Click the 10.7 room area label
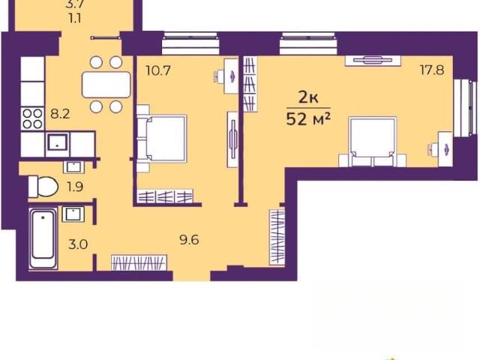158,71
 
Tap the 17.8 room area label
432,70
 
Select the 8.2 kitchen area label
60,114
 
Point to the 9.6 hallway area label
189,240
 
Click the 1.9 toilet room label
75,187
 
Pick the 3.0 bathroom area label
78,244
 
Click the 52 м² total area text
308,119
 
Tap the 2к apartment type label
308,98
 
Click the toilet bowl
43,186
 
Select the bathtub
43,238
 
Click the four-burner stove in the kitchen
33,118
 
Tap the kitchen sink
58,144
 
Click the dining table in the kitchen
106,85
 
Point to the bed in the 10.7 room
161,138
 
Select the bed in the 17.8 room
373,142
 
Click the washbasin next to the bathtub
73,214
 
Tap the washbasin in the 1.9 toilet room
74,167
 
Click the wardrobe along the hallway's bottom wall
139,262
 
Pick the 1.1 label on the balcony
75,19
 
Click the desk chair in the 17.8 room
432,148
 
